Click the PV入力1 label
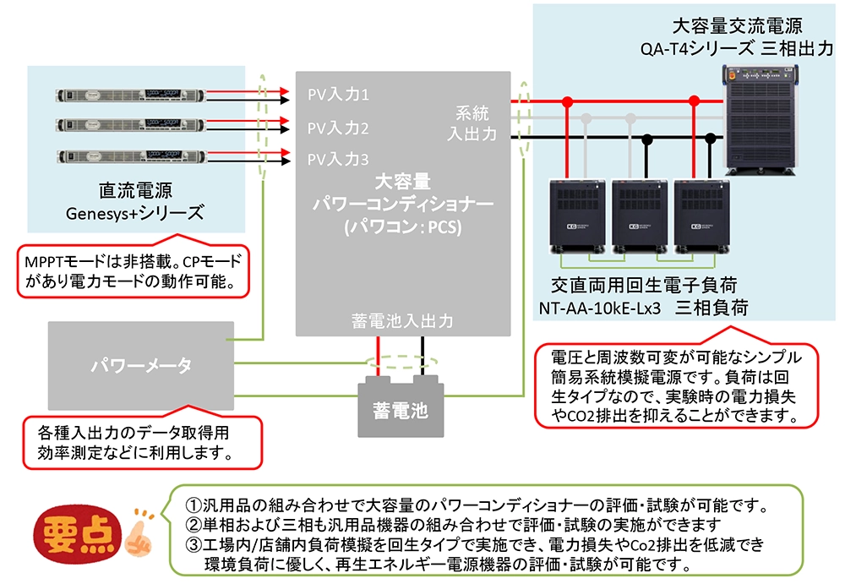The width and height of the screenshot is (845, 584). click(x=337, y=95)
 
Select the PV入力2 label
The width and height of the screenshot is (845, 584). click(x=337, y=128)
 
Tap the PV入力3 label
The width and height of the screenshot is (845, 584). click(x=337, y=159)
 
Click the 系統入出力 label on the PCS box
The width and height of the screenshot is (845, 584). click(x=477, y=123)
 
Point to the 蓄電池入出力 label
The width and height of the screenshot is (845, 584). click(x=402, y=321)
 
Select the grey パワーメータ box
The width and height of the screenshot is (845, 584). click(x=140, y=365)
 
